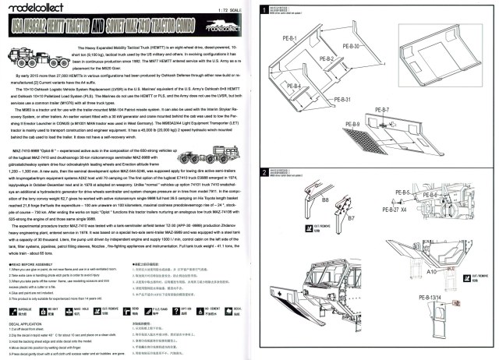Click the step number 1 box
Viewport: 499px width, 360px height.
266,9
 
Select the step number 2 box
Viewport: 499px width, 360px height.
266,171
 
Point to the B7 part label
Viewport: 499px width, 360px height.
351,218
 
